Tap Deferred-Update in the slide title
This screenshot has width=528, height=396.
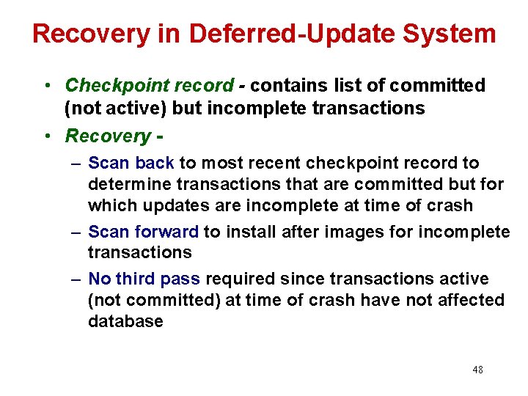click(x=290, y=34)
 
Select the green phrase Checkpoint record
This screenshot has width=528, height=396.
click(x=149, y=86)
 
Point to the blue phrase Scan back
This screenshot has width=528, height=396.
click(x=131, y=163)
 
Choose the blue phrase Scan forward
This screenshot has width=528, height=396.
click(x=143, y=232)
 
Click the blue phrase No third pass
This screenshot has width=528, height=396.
click(x=144, y=279)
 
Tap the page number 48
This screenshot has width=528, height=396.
click(x=477, y=370)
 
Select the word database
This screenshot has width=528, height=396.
click(x=125, y=321)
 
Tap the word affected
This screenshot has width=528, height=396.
click(x=469, y=300)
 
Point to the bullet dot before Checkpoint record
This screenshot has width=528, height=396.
click(x=45, y=87)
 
